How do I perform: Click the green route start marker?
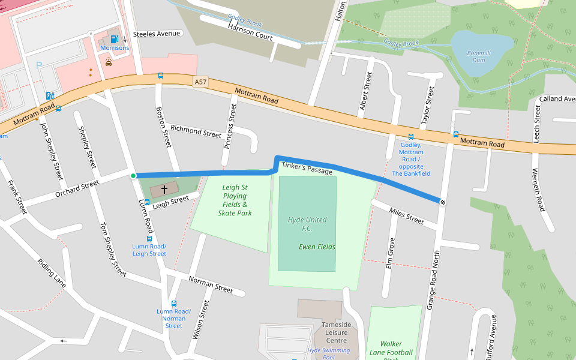click(x=133, y=176)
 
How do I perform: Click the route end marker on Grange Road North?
click(x=442, y=202)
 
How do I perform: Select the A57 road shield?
click(x=200, y=82)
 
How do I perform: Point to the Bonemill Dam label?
click(x=479, y=57)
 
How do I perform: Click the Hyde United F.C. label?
click(x=307, y=224)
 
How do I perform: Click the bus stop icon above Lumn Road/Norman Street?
click(x=174, y=304)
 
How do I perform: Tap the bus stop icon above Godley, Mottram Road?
click(x=411, y=137)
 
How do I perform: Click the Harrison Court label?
click(x=250, y=32)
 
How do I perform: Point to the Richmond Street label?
click(x=196, y=131)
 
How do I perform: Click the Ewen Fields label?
click(x=317, y=247)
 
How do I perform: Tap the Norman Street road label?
click(x=210, y=284)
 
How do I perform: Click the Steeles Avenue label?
click(x=157, y=34)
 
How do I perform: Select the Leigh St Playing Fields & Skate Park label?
click(x=235, y=200)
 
